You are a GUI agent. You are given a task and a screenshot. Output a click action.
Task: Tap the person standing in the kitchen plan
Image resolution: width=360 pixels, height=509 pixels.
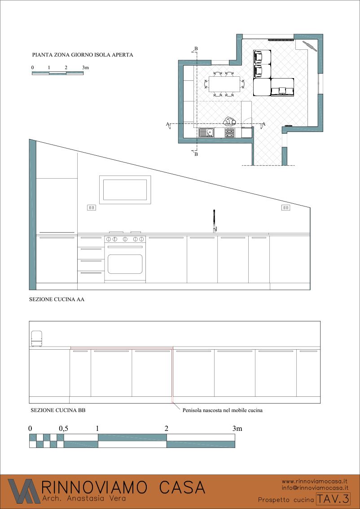click(230, 122)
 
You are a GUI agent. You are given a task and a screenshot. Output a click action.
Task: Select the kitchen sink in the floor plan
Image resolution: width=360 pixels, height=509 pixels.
click(206, 132)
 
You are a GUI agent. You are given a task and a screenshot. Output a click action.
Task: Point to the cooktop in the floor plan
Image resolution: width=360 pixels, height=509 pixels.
click(230, 132)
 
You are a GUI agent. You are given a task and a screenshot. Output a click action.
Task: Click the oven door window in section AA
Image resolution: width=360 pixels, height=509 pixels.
click(125, 264)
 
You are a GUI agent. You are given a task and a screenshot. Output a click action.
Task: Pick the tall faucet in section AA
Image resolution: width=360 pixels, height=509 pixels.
click(214, 221)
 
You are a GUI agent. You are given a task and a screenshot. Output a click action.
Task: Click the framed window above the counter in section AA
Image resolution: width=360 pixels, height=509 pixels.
click(125, 190)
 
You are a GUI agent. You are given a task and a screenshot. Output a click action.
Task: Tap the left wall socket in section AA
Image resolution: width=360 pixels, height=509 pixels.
click(91, 207)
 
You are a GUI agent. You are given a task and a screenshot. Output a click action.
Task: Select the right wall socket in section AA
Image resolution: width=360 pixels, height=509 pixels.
click(285, 207)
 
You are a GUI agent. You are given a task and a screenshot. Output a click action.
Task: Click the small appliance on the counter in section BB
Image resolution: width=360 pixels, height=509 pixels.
click(36, 338)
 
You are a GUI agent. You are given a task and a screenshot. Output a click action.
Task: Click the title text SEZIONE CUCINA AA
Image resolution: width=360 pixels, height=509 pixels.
click(57, 300)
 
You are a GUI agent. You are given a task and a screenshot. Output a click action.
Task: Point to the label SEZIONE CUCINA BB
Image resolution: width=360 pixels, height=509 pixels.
click(58, 410)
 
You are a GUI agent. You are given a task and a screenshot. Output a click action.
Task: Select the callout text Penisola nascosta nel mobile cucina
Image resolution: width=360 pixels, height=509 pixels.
click(222, 410)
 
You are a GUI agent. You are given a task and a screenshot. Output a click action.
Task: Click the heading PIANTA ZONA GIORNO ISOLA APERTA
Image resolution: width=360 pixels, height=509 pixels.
click(83, 55)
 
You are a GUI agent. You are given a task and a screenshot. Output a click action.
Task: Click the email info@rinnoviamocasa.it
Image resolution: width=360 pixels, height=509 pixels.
click(315, 487)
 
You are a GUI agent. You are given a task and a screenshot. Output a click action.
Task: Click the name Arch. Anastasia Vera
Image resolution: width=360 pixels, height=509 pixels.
click(84, 498)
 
